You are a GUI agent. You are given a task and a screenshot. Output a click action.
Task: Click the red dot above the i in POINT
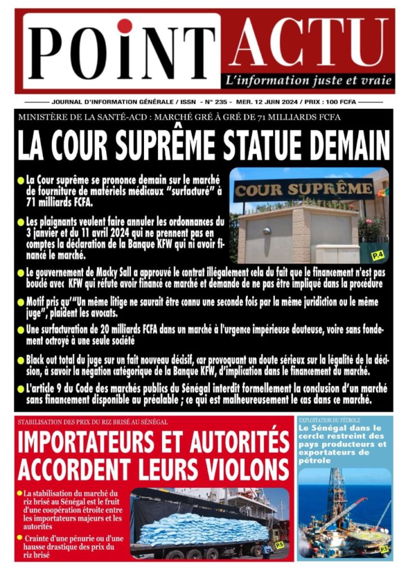point(124,27)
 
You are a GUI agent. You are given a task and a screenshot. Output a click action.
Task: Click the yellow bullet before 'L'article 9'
point(21,388)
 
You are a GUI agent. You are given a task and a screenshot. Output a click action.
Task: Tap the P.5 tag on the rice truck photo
point(279,545)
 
